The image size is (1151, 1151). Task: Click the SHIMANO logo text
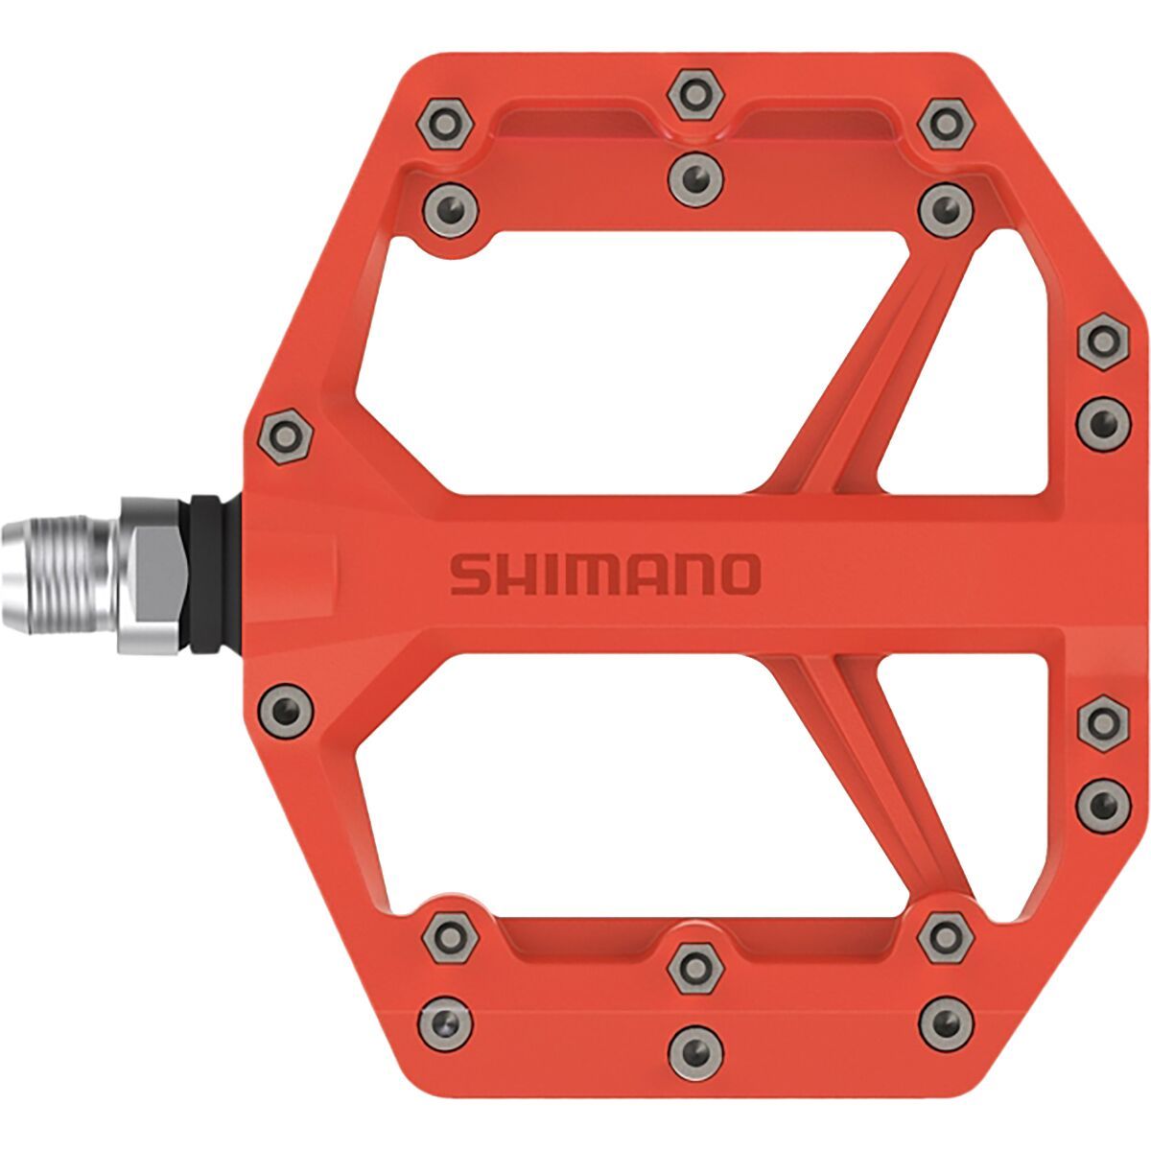tap(605, 575)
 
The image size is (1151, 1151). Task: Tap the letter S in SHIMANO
tap(469, 575)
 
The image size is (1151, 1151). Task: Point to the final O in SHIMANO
tap(739, 575)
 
